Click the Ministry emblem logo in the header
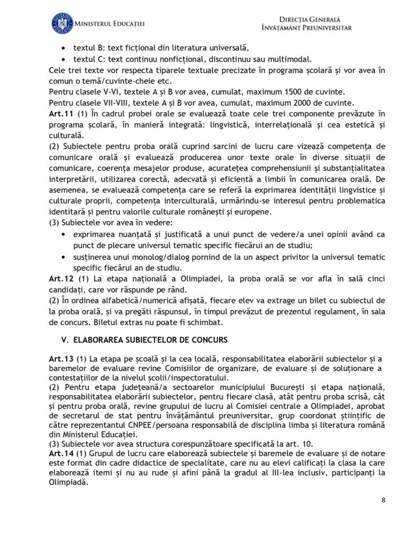63,24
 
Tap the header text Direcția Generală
306,19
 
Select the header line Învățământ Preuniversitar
306,28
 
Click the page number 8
383,500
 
